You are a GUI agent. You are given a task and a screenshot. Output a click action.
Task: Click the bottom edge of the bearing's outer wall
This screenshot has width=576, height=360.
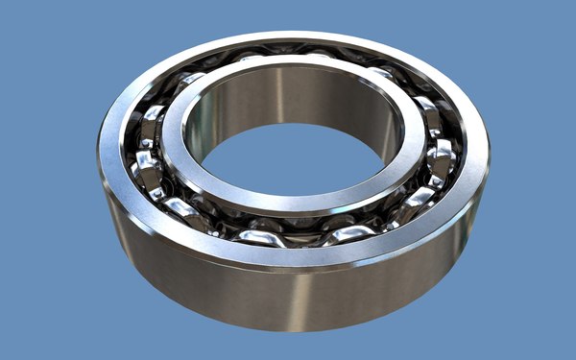pyautogui.click(x=288, y=327)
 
